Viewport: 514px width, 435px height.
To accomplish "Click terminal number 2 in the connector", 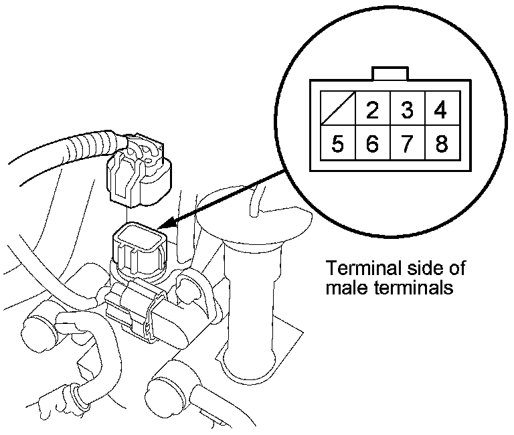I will [x=372, y=110].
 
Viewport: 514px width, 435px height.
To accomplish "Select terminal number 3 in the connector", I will [x=406, y=110].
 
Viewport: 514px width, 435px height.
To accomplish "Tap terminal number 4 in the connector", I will [x=440, y=110].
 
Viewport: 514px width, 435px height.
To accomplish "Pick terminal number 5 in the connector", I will [x=338, y=144].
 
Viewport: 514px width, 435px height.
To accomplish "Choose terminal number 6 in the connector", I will [x=372, y=144].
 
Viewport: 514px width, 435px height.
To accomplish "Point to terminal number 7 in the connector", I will [x=406, y=144].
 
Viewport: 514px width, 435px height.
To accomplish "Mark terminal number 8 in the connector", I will [x=440, y=144].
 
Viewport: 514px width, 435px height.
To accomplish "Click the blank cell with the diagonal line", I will [x=338, y=110].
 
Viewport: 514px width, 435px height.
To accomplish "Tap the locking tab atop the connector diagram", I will [x=389, y=73].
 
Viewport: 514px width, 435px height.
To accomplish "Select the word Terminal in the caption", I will [x=355, y=269].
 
